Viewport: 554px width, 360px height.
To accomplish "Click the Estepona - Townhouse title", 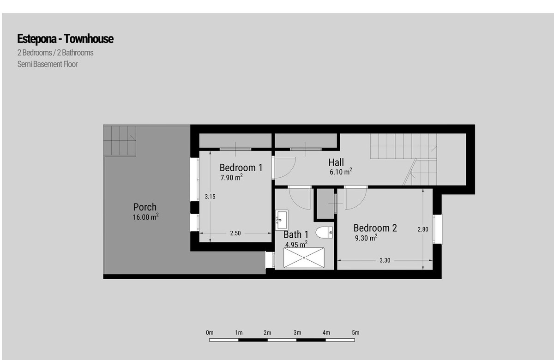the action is tap(65, 39).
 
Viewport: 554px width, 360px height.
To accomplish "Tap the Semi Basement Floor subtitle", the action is tap(48, 64).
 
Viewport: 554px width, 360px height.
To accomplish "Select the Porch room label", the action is tap(145, 207).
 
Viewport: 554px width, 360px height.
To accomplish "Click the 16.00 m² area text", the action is tap(146, 217).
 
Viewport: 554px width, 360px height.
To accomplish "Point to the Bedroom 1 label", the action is tap(241, 168).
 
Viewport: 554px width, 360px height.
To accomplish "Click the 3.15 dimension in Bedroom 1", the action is tap(210, 197).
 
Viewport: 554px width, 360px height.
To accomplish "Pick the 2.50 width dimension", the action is tap(235, 233).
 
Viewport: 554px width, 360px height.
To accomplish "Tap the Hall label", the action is tap(336, 162).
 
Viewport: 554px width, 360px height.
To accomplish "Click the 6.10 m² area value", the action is tap(341, 172).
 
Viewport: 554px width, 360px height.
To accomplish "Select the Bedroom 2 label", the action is tap(375, 228).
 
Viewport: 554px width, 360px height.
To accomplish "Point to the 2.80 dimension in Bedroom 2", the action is tap(423, 229).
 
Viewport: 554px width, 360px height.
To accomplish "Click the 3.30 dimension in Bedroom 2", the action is tap(385, 260).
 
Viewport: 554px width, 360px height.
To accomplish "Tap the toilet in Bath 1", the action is tap(324, 233).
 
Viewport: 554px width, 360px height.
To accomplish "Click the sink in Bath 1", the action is tap(282, 220).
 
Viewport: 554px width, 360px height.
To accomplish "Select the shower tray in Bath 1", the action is tap(304, 258).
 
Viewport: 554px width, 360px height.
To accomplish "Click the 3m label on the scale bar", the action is tap(297, 333).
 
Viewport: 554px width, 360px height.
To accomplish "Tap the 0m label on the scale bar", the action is tap(210, 333).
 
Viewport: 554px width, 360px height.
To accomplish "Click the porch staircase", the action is tap(120, 141).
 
